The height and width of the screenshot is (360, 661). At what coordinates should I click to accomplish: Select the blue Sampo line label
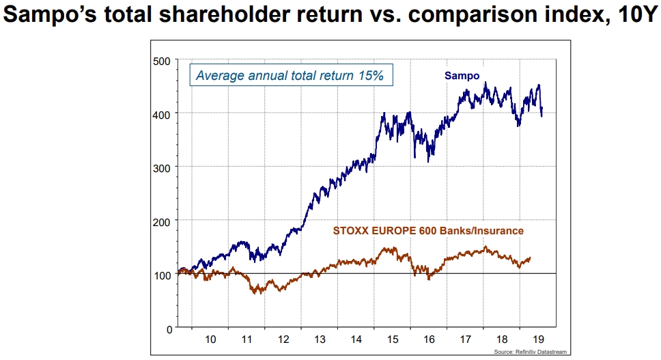(x=462, y=75)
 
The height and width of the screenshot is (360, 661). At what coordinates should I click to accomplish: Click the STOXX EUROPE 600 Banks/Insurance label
(x=428, y=231)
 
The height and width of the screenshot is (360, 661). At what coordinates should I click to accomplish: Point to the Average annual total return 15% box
(x=290, y=75)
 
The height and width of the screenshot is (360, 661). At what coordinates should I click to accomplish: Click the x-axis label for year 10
(x=210, y=339)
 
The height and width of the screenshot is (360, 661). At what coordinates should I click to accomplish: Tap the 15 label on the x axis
(x=393, y=339)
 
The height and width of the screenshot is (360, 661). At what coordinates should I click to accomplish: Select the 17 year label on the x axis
(x=466, y=339)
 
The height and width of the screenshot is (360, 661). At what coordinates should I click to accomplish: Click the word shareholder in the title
(x=223, y=15)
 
